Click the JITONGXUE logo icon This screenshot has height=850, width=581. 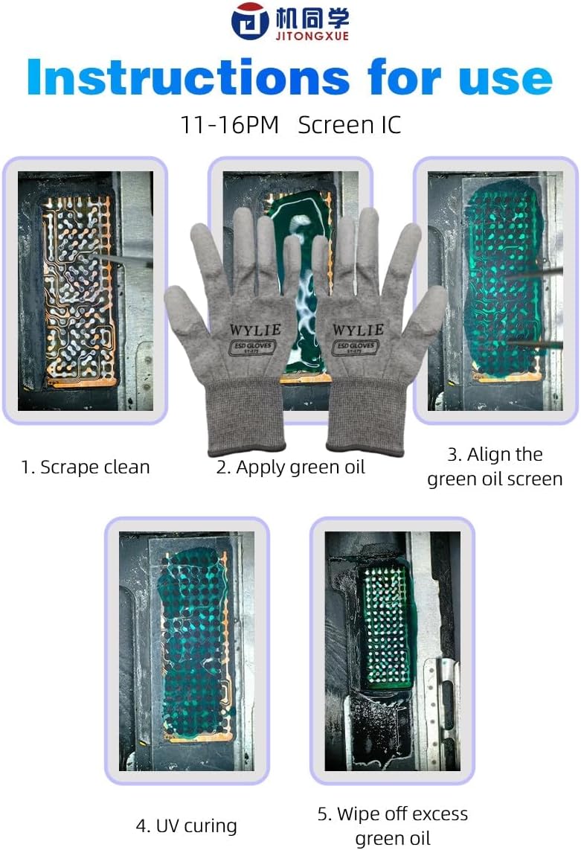pyautogui.click(x=249, y=21)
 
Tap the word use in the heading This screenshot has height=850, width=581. pyautogui.click(x=505, y=77)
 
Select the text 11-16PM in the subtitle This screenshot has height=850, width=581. pyautogui.click(x=229, y=125)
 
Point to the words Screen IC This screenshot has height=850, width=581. pyautogui.click(x=349, y=125)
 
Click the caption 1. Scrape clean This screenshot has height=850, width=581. pyautogui.click(x=86, y=467)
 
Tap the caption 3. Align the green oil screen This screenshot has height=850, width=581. pyautogui.click(x=495, y=467)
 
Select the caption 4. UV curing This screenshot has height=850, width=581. pyautogui.click(x=186, y=825)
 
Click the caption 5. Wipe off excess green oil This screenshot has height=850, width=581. pyautogui.click(x=393, y=825)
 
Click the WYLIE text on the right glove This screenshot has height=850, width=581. pyautogui.click(x=358, y=329)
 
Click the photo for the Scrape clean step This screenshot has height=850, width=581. pyautogui.click(x=85, y=290)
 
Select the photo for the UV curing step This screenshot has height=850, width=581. pyautogui.click(x=186, y=651)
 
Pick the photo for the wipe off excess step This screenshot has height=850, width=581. pyautogui.click(x=392, y=651)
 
